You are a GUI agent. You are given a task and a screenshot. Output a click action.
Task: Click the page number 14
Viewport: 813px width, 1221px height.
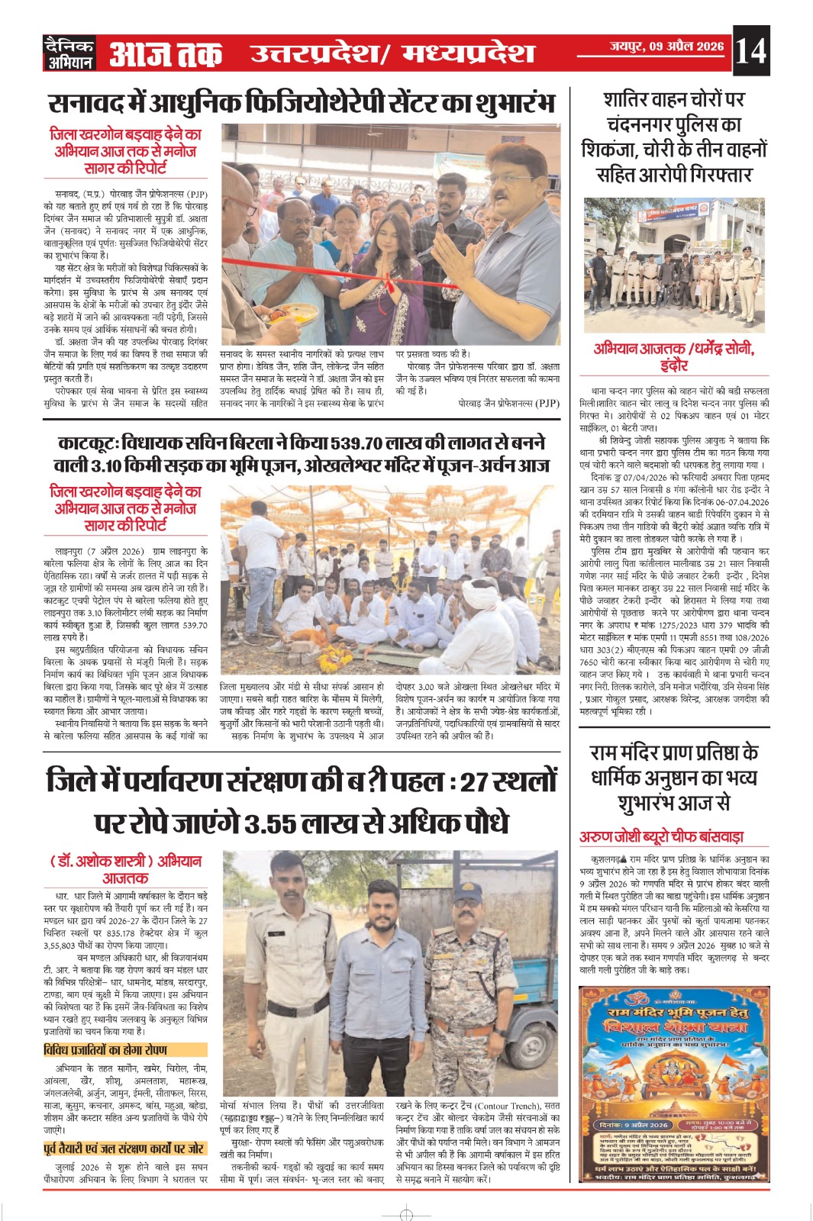pos(750,50)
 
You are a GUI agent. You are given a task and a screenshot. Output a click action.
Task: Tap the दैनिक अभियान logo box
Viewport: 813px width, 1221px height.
pos(69,53)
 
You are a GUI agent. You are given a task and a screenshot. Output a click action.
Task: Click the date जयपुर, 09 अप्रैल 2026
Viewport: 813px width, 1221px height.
pos(666,47)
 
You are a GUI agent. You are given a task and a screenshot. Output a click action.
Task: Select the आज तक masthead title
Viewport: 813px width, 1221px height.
pos(166,53)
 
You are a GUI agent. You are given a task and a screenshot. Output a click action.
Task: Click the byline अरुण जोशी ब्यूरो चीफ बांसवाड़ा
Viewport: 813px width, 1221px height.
pos(661,836)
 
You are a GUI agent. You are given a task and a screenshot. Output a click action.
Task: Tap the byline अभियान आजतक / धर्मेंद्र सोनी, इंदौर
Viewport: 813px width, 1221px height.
pos(674,356)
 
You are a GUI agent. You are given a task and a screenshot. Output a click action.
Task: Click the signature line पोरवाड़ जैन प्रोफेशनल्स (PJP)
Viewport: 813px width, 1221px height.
pos(508,403)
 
